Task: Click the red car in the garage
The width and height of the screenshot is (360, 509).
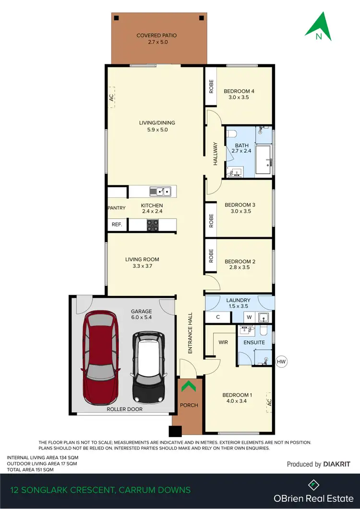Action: [101, 358]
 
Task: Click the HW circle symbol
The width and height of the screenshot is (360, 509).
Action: [281, 361]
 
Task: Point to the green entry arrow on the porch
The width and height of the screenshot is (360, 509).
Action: [189, 386]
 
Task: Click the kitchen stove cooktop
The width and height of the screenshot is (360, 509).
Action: [153, 225]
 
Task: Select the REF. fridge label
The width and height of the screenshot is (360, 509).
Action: [117, 225]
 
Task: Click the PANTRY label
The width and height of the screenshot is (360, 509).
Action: [117, 208]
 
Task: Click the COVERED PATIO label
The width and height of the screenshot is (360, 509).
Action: [156, 36]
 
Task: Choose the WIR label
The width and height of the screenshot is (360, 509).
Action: [223, 343]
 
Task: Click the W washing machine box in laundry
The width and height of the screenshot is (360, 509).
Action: [249, 317]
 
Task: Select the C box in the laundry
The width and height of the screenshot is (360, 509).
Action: [217, 317]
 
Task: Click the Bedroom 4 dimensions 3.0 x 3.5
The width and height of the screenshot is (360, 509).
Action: [239, 97]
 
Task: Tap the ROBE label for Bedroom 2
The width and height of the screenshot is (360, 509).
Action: [211, 255]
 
